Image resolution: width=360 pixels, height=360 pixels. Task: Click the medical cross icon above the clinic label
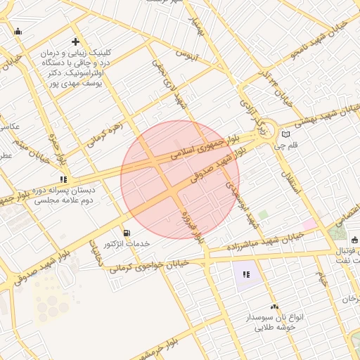[x=75, y=42]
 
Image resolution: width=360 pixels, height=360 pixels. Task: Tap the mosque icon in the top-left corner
[x=18, y=31]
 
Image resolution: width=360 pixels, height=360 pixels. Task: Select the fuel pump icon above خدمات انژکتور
[x=126, y=232]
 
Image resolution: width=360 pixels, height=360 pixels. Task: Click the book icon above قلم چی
[x=285, y=134]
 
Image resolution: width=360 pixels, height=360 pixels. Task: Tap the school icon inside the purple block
[x=246, y=274]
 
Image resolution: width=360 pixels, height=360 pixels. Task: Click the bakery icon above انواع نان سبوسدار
[x=274, y=307]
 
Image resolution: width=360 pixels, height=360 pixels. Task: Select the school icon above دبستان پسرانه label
[x=63, y=179]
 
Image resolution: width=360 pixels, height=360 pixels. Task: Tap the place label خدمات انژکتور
[x=127, y=243]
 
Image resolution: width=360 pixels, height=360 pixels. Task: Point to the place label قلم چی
[x=289, y=147]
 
